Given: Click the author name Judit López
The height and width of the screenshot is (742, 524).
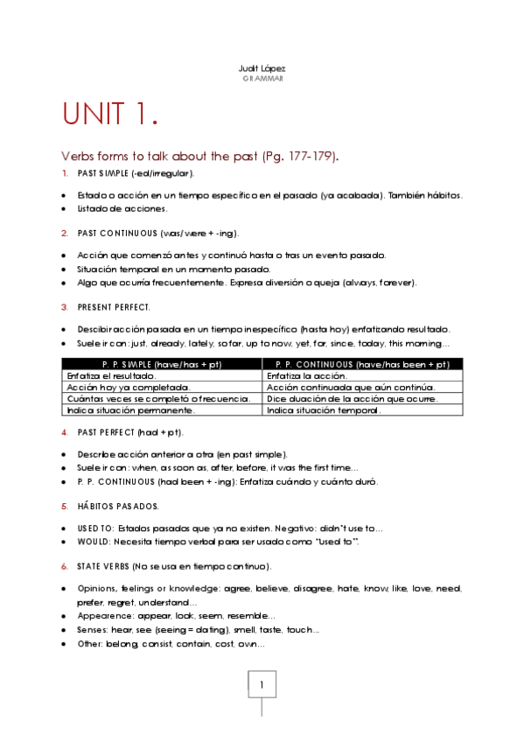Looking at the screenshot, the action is pyautogui.click(x=262, y=68).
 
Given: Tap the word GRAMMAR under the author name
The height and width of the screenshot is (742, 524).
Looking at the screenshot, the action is pyautogui.click(x=262, y=78).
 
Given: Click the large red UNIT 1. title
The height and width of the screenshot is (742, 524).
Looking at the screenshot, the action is pyautogui.click(x=110, y=114).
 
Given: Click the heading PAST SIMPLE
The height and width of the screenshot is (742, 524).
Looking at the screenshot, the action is pyautogui.click(x=102, y=173).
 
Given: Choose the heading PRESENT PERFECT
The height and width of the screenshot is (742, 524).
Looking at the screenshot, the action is pyautogui.click(x=114, y=307).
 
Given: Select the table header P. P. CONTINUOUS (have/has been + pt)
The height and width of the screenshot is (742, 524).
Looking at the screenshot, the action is pyautogui.click(x=362, y=364).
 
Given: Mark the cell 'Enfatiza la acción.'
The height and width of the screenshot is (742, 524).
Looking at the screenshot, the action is pyautogui.click(x=306, y=375).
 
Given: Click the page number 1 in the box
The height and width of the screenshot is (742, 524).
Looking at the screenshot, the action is pyautogui.click(x=262, y=685).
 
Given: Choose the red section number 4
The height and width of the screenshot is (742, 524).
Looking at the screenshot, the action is pyautogui.click(x=65, y=432).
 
